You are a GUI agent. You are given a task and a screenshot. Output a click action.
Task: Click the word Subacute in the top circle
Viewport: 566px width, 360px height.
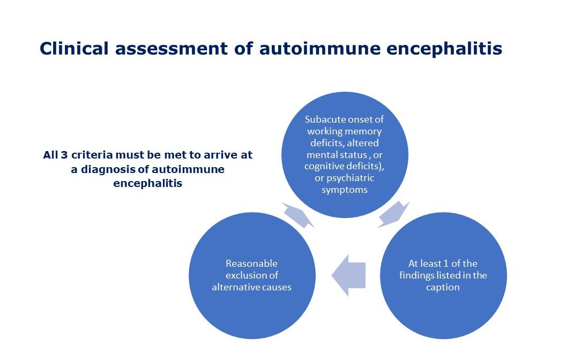[x=325, y=119]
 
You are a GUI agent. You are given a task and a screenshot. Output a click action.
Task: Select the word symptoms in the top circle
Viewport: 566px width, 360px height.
[x=344, y=190]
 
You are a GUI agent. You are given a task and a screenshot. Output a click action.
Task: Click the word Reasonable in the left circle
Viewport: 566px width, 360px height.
[x=251, y=264]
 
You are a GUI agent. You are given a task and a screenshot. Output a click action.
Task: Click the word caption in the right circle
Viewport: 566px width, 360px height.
[x=443, y=287]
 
